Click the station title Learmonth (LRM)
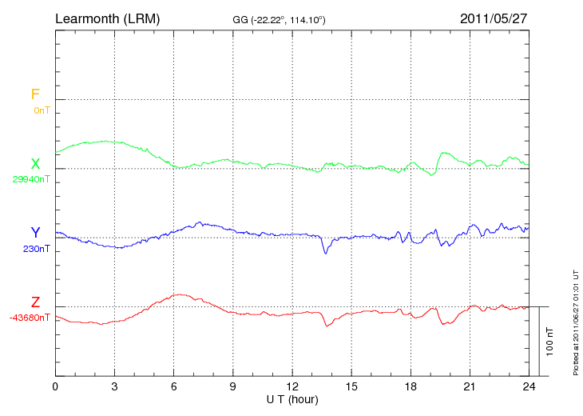(x=107, y=18)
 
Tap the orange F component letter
(x=35, y=94)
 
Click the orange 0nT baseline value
(x=42, y=110)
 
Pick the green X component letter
(x=35, y=164)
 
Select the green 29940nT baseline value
(x=31, y=179)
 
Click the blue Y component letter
(x=35, y=233)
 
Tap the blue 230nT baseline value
(x=37, y=249)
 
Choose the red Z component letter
(x=35, y=302)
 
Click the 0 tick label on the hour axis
(x=55, y=386)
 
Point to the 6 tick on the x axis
(x=174, y=386)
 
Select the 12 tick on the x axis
(x=292, y=386)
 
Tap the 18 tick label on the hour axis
(x=410, y=386)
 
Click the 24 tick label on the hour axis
(x=529, y=386)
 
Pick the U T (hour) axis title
(x=292, y=398)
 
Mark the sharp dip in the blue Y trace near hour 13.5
(x=325, y=253)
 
